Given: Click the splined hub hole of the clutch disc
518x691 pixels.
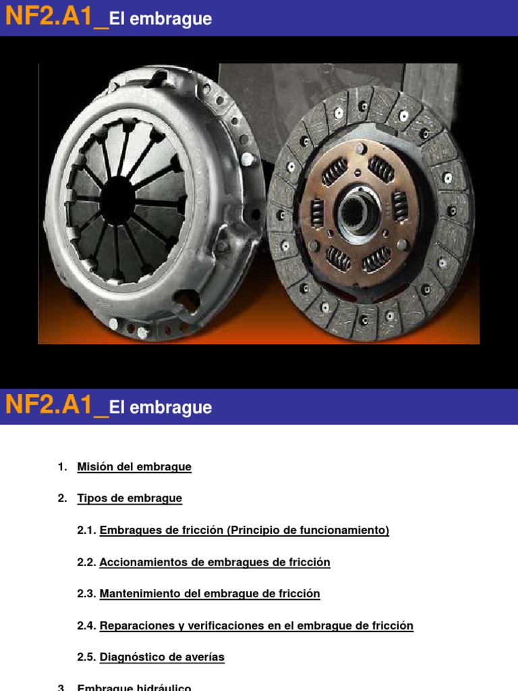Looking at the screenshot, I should point(358,215).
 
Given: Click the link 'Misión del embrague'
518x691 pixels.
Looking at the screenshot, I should point(134,467).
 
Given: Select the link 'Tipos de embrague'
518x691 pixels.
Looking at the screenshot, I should point(129,499).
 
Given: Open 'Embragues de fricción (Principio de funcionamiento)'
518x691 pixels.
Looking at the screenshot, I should point(244,530).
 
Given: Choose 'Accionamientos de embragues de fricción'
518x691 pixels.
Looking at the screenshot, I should point(214,562).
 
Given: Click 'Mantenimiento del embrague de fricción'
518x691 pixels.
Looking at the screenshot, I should point(210,594).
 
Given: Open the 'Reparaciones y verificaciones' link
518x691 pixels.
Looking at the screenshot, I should point(256,626).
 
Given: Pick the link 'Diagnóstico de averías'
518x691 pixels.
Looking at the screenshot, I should point(162,657).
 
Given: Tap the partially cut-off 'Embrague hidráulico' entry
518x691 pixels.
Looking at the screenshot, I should point(134,687).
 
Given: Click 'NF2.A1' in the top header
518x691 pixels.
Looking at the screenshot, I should point(49,18).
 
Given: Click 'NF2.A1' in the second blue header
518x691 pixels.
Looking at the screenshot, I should point(49,406).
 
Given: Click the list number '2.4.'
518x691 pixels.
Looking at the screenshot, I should point(87,626).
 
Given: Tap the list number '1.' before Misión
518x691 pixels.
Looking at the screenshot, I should point(63,467).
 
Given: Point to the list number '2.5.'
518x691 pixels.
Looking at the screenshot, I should point(87,657).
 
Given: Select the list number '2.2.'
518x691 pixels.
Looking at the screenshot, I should point(87,562).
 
